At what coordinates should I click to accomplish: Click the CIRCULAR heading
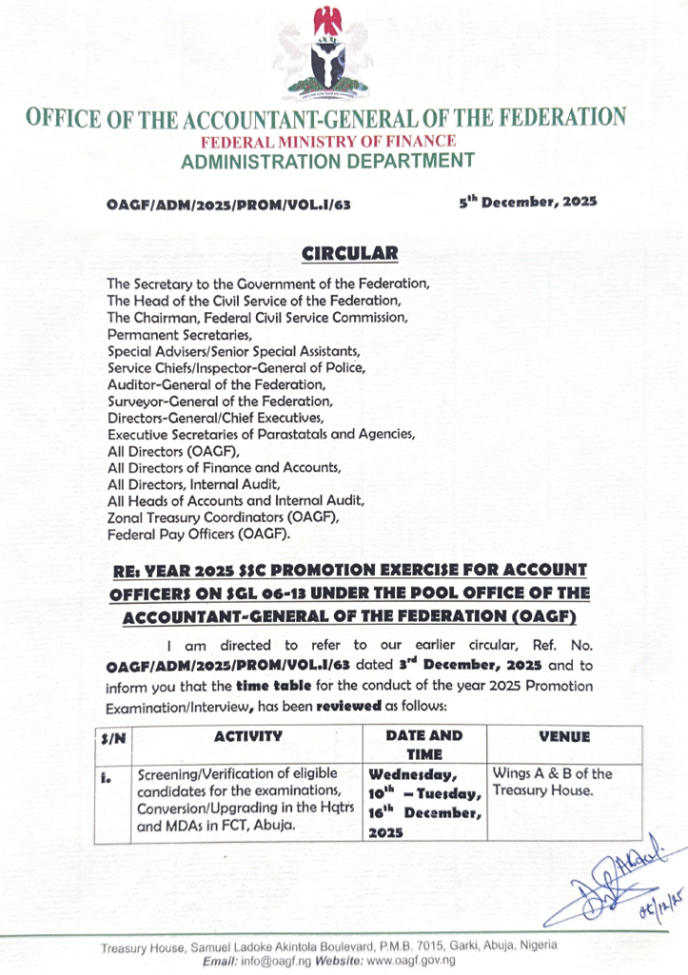(344, 253)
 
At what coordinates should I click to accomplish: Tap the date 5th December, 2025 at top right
(527, 202)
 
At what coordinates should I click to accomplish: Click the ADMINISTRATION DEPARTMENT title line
(326, 161)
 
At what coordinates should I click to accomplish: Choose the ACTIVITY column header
(247, 736)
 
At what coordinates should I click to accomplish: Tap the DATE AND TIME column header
(425, 744)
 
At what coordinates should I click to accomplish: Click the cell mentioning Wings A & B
(552, 783)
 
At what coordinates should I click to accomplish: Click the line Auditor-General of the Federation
(216, 385)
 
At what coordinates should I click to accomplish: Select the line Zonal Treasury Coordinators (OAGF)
(223, 517)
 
